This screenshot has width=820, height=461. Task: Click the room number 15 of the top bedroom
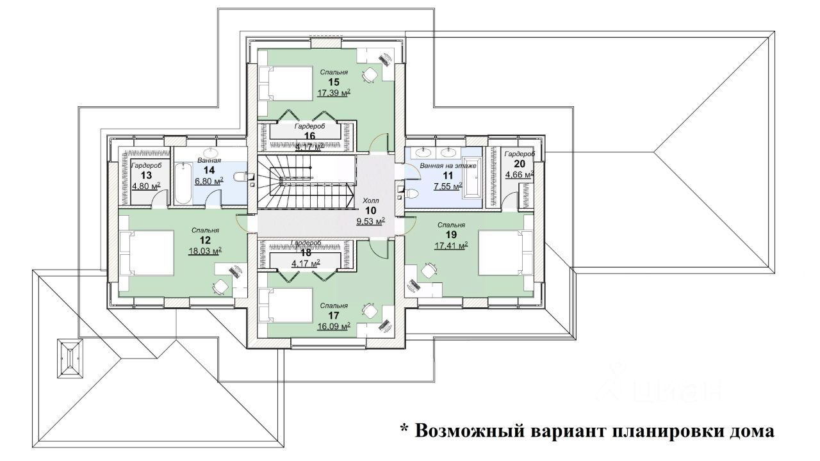coord(333,82)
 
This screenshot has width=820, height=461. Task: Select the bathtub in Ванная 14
coord(183,182)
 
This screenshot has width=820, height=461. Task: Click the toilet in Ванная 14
coord(240,177)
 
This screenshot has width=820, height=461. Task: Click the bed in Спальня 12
coord(147,252)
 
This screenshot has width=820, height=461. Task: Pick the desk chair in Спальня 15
coord(370,74)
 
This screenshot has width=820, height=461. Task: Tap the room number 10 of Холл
coord(371,211)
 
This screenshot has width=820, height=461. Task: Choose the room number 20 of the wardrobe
coord(519,164)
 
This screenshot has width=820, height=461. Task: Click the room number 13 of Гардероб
coord(146,175)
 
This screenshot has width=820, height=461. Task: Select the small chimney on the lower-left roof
coord(69,359)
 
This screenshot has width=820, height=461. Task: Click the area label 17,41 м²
coord(451,245)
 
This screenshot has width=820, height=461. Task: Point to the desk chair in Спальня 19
coord(427,271)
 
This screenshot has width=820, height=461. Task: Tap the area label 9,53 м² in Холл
coord(370,222)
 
